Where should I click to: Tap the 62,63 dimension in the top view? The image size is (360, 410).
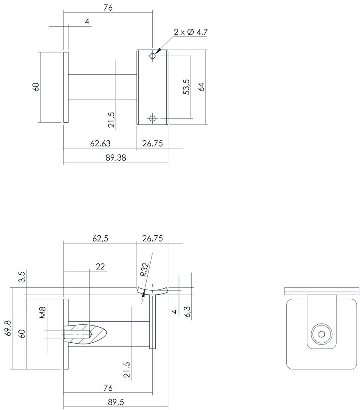coord(100,143)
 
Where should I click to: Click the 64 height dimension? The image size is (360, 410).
coord(201,87)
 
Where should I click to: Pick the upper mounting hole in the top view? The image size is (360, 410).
coord(153,56)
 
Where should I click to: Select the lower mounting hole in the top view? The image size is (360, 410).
coord(153,118)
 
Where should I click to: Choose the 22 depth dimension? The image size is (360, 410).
coord(100,266)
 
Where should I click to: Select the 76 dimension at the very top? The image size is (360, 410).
coord(109,7)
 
